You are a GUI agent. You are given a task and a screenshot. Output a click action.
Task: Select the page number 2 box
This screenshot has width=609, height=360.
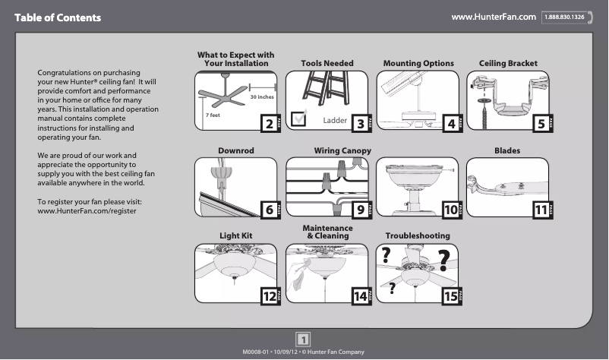tap(268, 123)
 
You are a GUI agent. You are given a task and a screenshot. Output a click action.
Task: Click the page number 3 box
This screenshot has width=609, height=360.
tap(359, 123)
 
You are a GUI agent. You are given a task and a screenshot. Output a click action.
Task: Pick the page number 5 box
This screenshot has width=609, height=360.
tap(539, 123)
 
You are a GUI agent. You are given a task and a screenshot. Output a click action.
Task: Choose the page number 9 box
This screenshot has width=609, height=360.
tap(359, 209)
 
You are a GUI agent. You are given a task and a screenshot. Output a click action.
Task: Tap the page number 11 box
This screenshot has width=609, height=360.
tap(539, 209)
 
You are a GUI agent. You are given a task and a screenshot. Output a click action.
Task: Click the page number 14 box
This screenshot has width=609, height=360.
tap(359, 296)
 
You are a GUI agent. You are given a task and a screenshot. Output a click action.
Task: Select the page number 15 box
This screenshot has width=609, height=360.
tap(450, 296)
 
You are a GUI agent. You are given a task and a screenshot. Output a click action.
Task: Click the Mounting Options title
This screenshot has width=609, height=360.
tap(418, 63)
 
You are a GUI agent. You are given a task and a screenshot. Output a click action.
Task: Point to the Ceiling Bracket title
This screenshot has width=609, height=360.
tap(508, 63)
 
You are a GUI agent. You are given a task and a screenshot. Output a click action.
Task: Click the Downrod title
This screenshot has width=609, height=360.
tap(235, 151)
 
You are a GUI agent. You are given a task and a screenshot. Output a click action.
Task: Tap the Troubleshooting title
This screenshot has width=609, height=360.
tap(417, 236)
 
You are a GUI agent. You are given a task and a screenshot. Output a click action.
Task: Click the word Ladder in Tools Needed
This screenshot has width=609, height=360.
tap(335, 120)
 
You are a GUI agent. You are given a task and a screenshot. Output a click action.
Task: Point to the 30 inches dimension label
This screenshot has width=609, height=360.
tap(262, 98)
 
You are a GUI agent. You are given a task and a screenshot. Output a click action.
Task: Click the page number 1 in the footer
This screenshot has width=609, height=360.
tap(304, 339)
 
